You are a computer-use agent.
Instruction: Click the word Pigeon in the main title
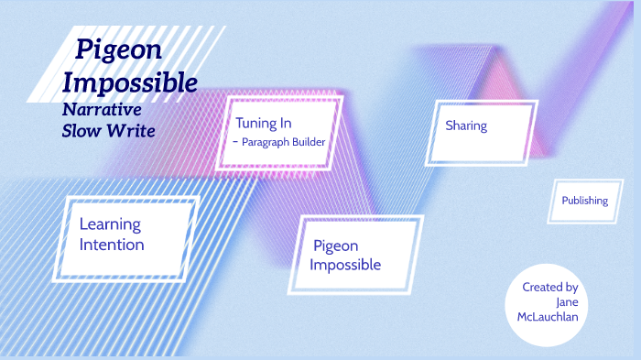pos(119,49)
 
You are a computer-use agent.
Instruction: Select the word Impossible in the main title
pos(129,83)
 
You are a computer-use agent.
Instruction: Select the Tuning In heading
pos(263,122)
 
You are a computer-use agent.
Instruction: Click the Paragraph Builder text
pos(284,142)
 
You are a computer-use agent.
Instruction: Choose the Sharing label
pos(466,125)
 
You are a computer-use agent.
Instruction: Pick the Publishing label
pos(584,201)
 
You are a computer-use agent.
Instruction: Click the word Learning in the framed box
pos(110,224)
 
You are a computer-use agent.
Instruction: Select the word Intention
pos(112,245)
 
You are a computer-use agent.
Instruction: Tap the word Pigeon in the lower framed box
pos(335,245)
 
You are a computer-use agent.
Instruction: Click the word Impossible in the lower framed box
pos(345,266)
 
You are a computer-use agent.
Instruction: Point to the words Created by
pos(549,287)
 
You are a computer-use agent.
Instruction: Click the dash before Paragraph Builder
pos(235,142)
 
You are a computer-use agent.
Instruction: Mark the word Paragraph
pos(266,142)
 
